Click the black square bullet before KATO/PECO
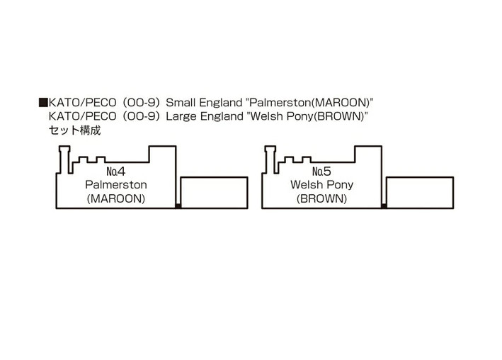(x=43, y=103)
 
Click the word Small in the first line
(x=181, y=103)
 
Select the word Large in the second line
(x=181, y=116)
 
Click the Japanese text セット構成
(x=74, y=130)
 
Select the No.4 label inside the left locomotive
(x=116, y=171)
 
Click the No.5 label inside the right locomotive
(x=321, y=171)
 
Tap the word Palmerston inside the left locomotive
(x=116, y=185)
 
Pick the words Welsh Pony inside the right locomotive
(x=321, y=185)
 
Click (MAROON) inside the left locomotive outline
(x=116, y=198)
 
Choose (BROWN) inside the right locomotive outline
(x=321, y=198)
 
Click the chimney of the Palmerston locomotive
(x=64, y=159)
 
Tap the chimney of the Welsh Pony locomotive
(x=270, y=159)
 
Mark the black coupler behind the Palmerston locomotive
(x=178, y=206)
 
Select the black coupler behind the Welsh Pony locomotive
(x=384, y=206)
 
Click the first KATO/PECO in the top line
(x=82, y=103)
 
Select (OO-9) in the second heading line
(x=141, y=116)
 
